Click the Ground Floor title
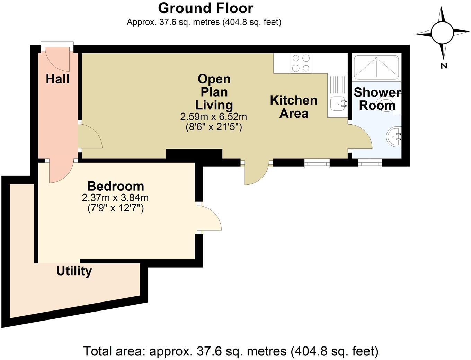click(x=206, y=8)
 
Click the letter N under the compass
click(x=444, y=66)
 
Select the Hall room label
click(x=57, y=79)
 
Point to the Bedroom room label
click(x=115, y=186)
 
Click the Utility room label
click(x=74, y=271)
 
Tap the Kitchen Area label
click(x=294, y=107)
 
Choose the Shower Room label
click(x=377, y=99)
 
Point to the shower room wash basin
click(x=394, y=136)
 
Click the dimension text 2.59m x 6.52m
click(x=213, y=117)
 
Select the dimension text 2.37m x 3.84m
click(x=115, y=198)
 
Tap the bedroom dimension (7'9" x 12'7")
click(x=115, y=208)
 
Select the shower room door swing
click(x=361, y=137)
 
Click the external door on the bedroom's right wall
click(x=210, y=218)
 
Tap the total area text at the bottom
click(x=231, y=351)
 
